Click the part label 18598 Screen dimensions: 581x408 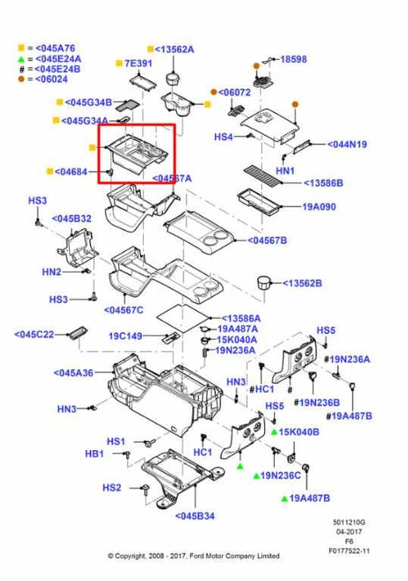click(295, 58)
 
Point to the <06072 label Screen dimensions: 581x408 click(234, 92)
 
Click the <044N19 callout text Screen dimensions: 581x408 click(347, 143)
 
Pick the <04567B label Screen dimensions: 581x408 click(267, 240)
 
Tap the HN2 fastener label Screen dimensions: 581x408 click(51, 271)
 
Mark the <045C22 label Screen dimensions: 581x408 click(34, 334)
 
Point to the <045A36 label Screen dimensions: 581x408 click(73, 373)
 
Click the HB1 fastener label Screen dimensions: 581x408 click(94, 454)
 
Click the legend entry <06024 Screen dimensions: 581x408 click(51, 79)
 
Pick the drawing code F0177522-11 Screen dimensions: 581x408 click(349, 550)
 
